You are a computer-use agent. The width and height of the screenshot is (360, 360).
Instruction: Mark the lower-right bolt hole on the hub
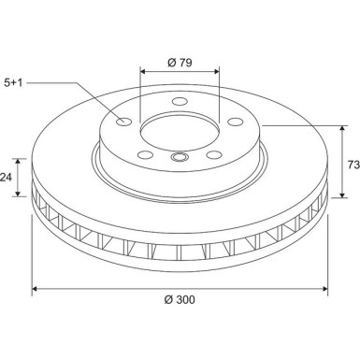click(x=214, y=154)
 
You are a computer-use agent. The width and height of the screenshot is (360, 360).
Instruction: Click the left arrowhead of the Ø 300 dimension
click(x=36, y=288)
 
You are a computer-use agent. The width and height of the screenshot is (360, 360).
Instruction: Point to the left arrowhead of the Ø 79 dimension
click(x=143, y=70)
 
